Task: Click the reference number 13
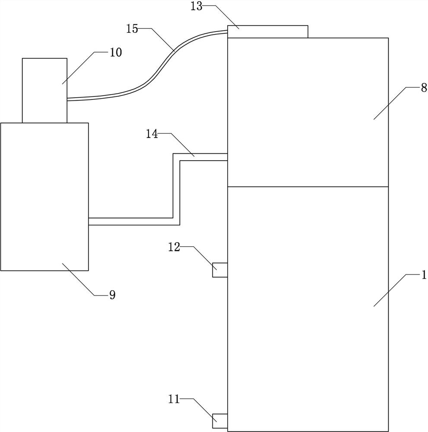[197, 7]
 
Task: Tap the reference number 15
[132, 29]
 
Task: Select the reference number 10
[116, 52]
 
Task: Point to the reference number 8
[424, 87]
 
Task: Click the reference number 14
[152, 134]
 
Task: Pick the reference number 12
[174, 248]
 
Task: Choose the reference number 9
[112, 295]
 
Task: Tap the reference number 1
[424, 275]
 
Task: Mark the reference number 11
[174, 400]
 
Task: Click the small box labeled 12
[220, 270]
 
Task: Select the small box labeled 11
[220, 421]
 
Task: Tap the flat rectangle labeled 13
[268, 32]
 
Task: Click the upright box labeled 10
[44, 90]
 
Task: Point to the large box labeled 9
[44, 197]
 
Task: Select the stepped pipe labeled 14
[176, 190]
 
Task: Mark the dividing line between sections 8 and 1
[308, 187]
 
